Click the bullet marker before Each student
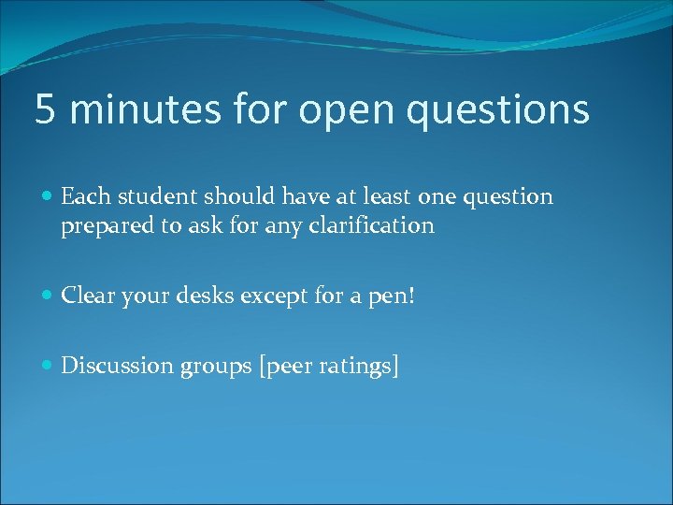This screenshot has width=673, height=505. [x=48, y=197]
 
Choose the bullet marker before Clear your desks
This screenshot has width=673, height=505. [x=48, y=296]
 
